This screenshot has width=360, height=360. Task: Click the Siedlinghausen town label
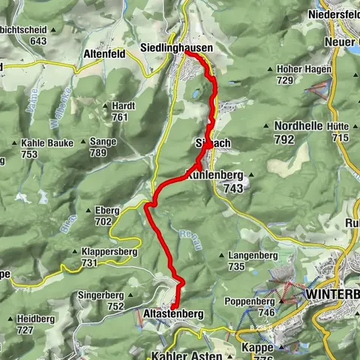[176, 47]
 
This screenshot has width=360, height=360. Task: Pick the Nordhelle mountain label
[298, 126]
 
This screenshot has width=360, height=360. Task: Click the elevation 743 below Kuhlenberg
[233, 190]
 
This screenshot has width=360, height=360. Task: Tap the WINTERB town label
[332, 295]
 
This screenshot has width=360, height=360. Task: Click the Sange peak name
[102, 141]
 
